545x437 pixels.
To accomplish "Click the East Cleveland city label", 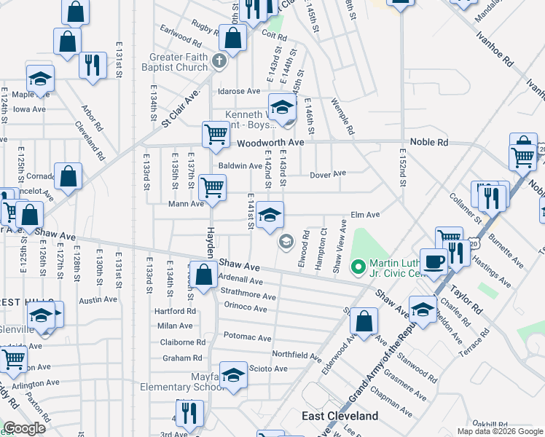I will pos(340,416).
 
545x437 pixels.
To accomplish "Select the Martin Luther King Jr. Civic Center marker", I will pos(357,267).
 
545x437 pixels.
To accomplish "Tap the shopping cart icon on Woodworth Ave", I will pos(216,134).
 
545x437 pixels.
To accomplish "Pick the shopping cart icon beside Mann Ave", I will pos(212,187).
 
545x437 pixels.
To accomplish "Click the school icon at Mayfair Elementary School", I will pos(233,375).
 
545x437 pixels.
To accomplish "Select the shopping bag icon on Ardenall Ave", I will pos(204,275).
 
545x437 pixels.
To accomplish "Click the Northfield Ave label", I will pos(297,355).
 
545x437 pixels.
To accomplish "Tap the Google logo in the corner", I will pos(24,428).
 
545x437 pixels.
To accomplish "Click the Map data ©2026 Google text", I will pos(500,431).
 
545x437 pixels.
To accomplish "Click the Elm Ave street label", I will pos(366,215).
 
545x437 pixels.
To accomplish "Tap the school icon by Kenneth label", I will pos(282,107).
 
